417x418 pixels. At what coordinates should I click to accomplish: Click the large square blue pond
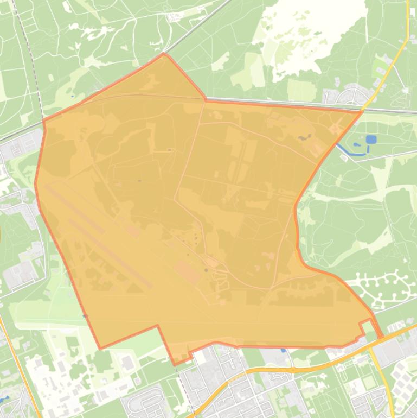371,140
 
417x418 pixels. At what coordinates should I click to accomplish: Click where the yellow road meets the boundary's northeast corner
362,111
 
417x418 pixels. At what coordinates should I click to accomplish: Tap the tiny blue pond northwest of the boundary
72,97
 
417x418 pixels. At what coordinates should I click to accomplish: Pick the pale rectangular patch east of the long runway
188,271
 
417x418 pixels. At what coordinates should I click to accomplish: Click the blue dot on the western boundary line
85,315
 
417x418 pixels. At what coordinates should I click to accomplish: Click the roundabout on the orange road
292,370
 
